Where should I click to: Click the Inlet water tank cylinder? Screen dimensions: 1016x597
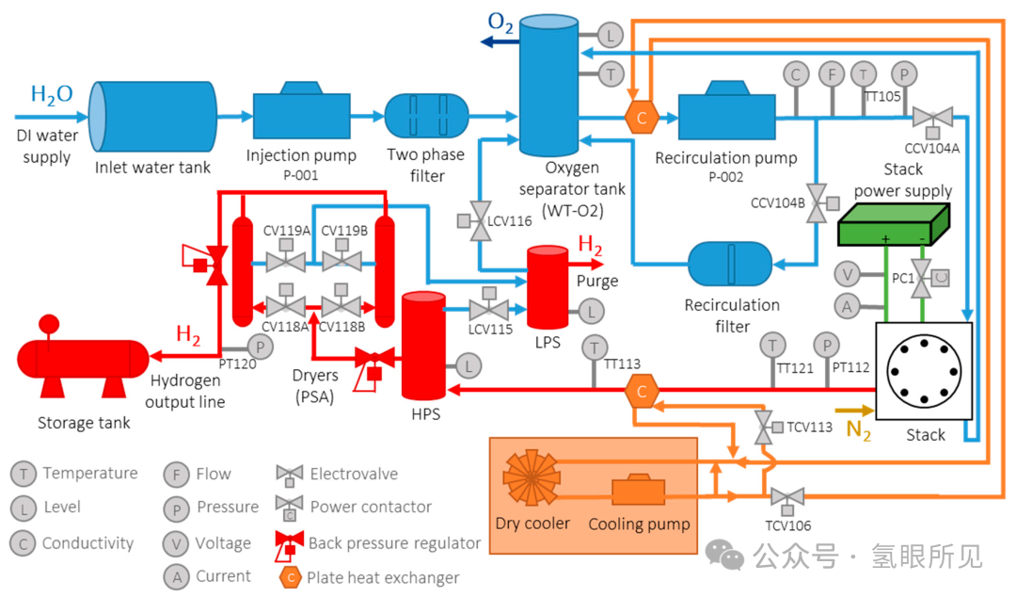click(153, 117)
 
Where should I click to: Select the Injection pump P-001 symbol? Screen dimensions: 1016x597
click(301, 111)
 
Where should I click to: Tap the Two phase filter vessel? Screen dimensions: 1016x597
click(426, 116)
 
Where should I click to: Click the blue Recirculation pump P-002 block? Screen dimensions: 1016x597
click(726, 112)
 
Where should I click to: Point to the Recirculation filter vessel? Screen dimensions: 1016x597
click(730, 264)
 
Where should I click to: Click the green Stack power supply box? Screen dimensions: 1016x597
click(894, 224)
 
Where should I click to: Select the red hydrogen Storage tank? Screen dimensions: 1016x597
click(83, 357)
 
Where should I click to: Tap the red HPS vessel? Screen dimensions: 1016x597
click(423, 346)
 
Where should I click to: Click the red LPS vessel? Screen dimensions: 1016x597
click(548, 287)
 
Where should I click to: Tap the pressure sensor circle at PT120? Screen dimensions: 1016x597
click(260, 347)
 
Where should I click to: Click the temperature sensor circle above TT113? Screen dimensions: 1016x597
click(595, 347)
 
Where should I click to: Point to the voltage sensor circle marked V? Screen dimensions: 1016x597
click(847, 275)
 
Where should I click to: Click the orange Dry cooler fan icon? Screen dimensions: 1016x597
click(532, 477)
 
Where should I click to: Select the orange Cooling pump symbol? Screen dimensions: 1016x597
click(638, 490)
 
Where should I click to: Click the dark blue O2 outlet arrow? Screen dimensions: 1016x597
click(500, 42)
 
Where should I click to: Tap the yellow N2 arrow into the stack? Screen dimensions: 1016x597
click(854, 411)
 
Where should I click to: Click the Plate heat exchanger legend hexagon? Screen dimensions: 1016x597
click(291, 577)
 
